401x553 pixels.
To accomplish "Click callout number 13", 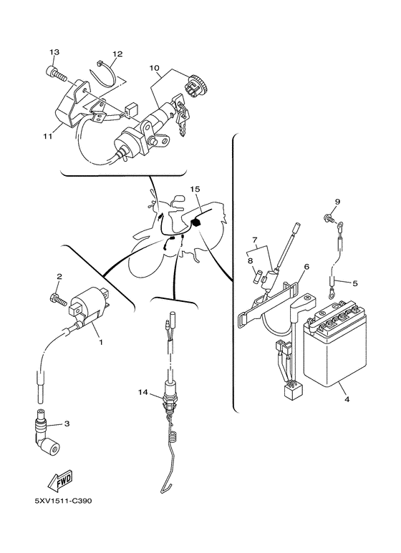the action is [x=54, y=52].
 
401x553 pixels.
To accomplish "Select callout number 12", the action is [x=117, y=54].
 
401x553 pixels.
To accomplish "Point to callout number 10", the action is [x=154, y=68].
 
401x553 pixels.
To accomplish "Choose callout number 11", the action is [x=48, y=136].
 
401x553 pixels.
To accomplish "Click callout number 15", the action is [x=195, y=190].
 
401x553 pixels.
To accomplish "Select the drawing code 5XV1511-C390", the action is [x=62, y=501].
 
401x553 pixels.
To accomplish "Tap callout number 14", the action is [x=142, y=392].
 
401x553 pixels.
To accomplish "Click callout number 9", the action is [x=337, y=202].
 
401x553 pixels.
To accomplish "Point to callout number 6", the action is [x=306, y=267].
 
